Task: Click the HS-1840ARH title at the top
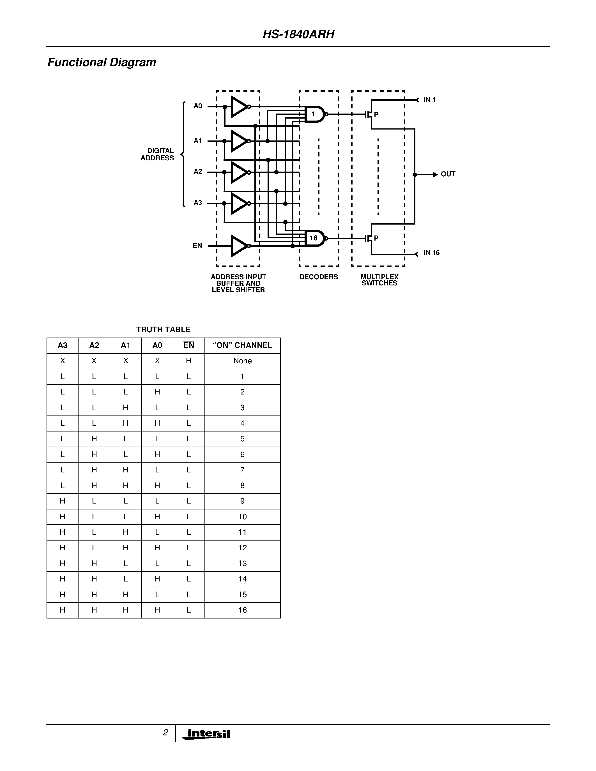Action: pyautogui.click(x=298, y=34)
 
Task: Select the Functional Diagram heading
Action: pyautogui.click(x=102, y=63)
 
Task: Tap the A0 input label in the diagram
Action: pyautogui.click(x=198, y=106)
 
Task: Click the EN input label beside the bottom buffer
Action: pyautogui.click(x=197, y=245)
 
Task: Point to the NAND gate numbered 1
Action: pyautogui.click(x=314, y=114)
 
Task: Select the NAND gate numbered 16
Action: pyautogui.click(x=314, y=238)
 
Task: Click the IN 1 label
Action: pyautogui.click(x=429, y=100)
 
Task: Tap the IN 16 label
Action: pyautogui.click(x=431, y=252)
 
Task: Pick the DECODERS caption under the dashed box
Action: pyautogui.click(x=319, y=277)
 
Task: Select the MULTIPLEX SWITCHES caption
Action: pyautogui.click(x=379, y=280)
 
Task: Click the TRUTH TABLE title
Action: pyautogui.click(x=163, y=329)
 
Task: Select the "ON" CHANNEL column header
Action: pyautogui.click(x=242, y=345)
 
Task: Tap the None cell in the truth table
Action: pyautogui.click(x=242, y=361)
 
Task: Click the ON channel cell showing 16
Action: pyautogui.click(x=242, y=610)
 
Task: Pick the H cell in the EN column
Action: pyautogui.click(x=189, y=361)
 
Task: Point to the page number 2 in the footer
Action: pyautogui.click(x=165, y=733)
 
